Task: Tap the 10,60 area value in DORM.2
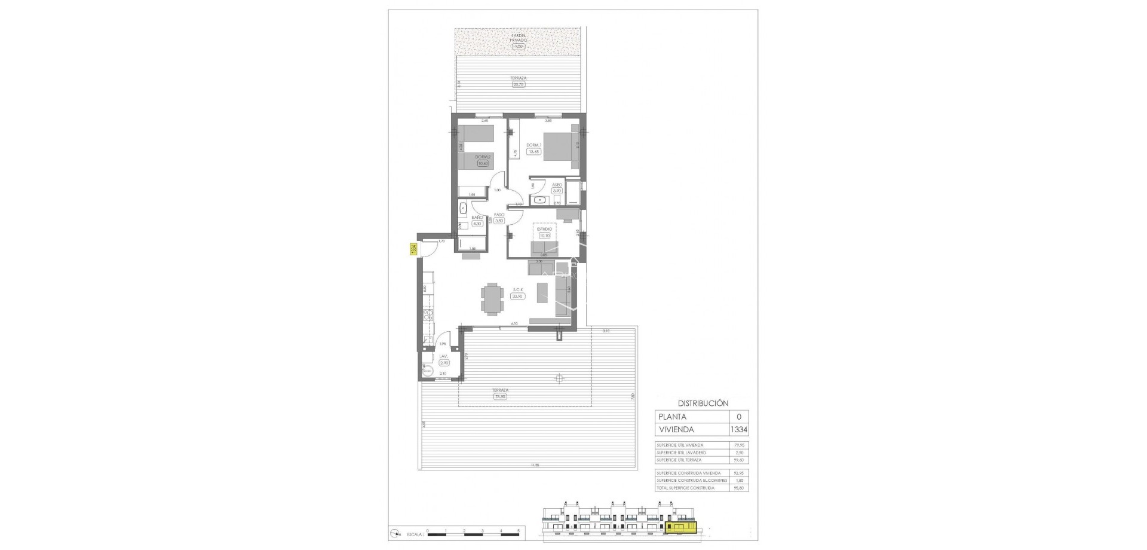click(482, 164)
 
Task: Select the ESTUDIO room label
click(544, 229)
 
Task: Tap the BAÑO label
click(477, 218)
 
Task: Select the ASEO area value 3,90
click(557, 191)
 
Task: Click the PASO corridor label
click(499, 214)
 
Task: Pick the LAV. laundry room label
click(443, 356)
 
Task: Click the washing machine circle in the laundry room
click(427, 371)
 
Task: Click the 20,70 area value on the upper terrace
click(518, 85)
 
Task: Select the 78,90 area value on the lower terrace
click(500, 396)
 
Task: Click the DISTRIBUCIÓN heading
click(703, 403)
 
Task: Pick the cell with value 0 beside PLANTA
click(738, 417)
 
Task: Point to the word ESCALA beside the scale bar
click(415, 531)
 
